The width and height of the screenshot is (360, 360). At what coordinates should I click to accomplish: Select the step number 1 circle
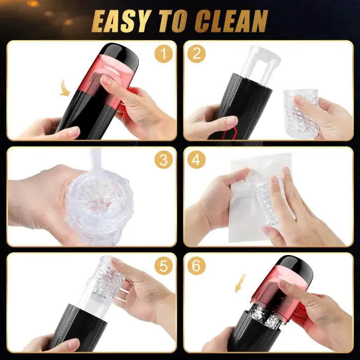164,53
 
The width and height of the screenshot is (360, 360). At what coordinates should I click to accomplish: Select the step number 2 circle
196,53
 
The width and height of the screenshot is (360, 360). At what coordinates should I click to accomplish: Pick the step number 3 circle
164,159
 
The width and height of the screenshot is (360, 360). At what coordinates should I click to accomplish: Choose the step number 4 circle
196,159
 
